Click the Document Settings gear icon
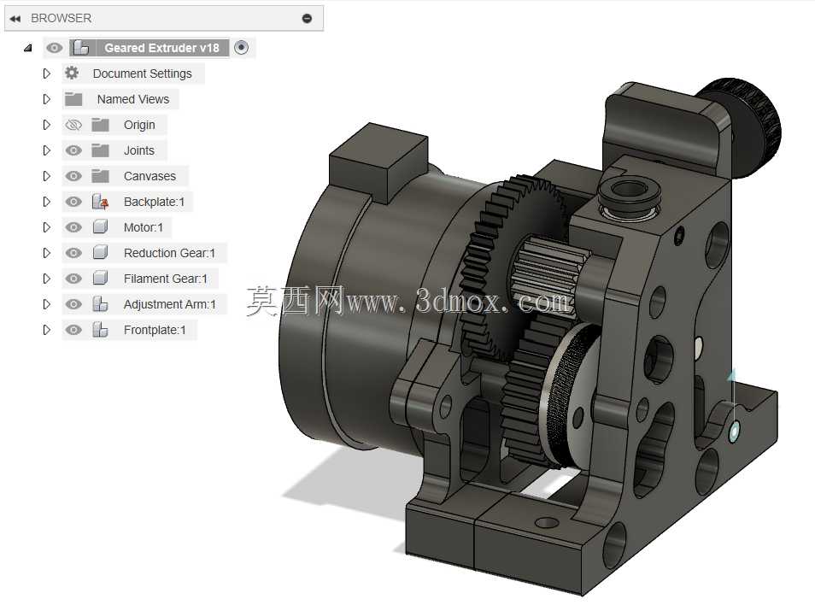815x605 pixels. [x=72, y=73]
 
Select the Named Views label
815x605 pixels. [x=133, y=99]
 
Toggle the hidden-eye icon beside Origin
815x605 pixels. [x=73, y=125]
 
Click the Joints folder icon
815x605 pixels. [x=100, y=150]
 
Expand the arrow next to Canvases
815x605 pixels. [x=47, y=176]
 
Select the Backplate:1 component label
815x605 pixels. [x=154, y=202]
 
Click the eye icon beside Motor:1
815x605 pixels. [x=73, y=227]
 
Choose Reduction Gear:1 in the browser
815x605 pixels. [x=169, y=253]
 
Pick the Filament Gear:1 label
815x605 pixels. [x=165, y=279]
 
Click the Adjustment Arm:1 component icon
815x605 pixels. [x=100, y=304]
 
